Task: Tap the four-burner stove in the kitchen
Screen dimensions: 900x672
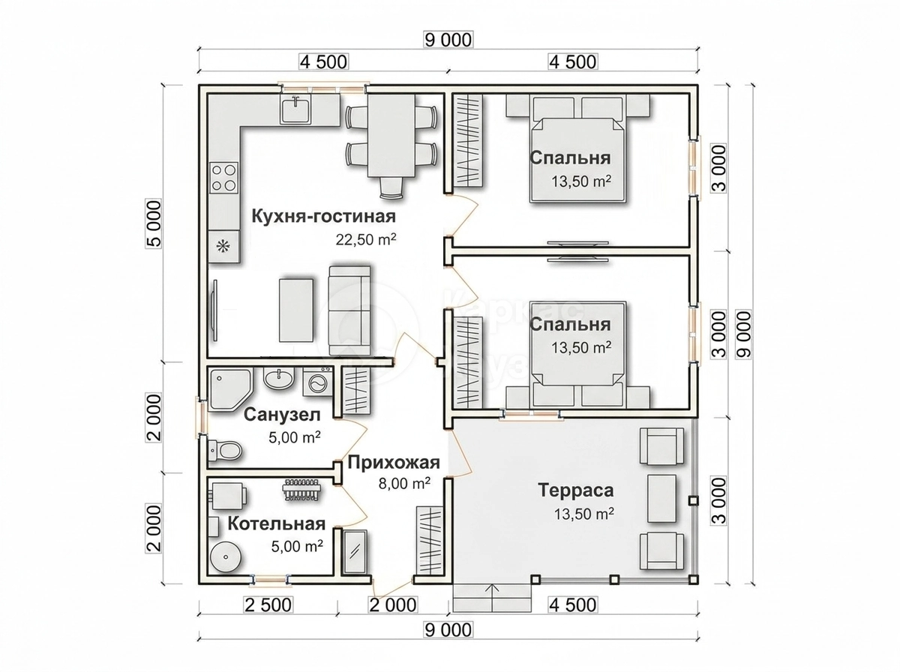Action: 223,178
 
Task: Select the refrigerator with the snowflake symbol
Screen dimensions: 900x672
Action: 223,246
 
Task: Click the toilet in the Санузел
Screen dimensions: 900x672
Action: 225,451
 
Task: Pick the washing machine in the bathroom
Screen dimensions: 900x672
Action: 318,381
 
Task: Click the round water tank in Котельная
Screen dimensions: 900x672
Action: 226,556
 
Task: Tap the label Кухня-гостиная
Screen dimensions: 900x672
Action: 323,216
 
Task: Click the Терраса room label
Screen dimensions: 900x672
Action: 576,490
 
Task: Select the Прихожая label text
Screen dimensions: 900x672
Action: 394,463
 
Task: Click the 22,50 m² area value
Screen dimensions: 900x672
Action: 366,239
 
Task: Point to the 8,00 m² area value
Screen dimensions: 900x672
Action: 403,484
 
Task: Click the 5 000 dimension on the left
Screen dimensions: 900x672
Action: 154,223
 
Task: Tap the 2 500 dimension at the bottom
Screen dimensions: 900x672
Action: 268,604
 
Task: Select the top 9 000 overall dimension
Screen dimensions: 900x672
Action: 448,40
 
